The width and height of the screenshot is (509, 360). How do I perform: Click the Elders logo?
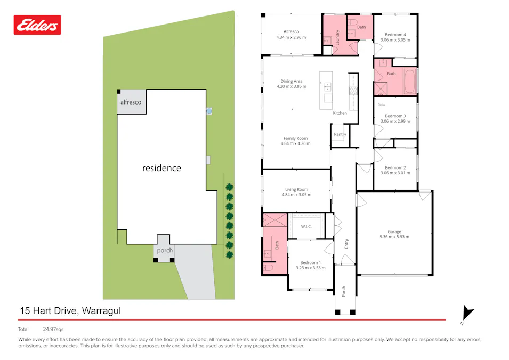[37, 25]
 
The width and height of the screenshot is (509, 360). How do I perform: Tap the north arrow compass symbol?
[467, 314]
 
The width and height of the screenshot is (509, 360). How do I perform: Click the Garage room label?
[394, 232]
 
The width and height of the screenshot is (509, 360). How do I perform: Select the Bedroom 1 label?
[310, 262]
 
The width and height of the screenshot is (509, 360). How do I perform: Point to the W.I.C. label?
[306, 227]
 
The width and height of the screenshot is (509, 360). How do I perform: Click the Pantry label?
[340, 134]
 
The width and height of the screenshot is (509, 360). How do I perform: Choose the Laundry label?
[337, 37]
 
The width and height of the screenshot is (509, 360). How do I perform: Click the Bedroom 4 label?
[395, 35]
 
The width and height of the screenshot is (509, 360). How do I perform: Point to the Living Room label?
[296, 189]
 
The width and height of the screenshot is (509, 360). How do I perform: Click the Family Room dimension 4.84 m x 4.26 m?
[295, 143]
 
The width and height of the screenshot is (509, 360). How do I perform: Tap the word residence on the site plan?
[161, 168]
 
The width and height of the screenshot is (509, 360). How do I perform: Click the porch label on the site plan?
[165, 250]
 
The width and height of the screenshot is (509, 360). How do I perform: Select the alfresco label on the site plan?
[131, 102]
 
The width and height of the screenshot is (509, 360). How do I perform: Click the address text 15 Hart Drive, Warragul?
[70, 310]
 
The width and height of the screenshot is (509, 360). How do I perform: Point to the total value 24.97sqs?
[53, 329]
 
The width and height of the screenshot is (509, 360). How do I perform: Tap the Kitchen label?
[340, 113]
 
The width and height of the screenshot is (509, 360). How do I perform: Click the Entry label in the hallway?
[346, 244]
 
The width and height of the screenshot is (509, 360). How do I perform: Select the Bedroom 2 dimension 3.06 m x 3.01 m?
[395, 173]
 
